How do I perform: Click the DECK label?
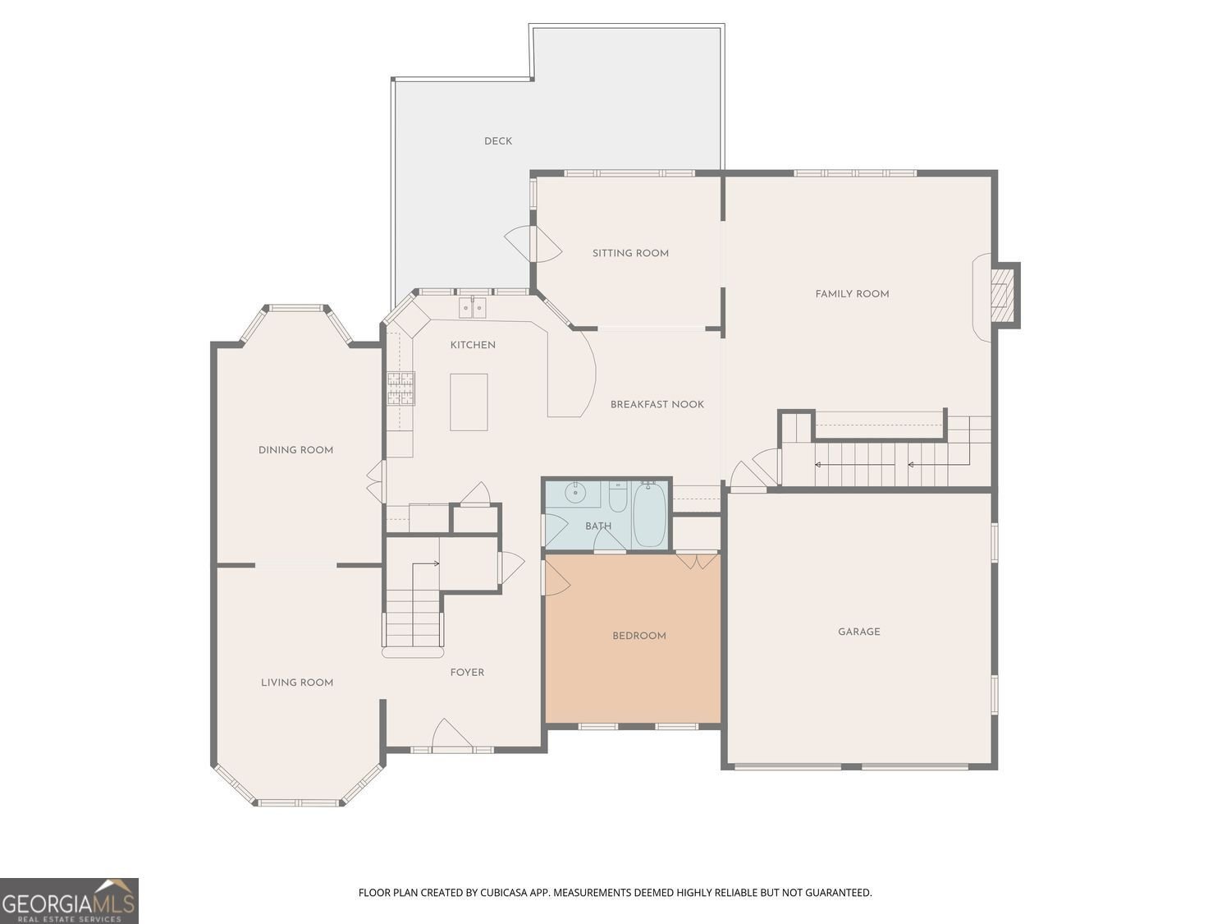(498, 140)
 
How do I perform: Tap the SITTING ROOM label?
(630, 253)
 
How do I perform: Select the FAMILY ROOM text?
(852, 294)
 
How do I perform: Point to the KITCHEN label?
(473, 345)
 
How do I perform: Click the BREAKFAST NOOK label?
(657, 404)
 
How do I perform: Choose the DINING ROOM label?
(295, 450)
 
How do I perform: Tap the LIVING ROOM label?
(297, 683)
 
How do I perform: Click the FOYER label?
(467, 672)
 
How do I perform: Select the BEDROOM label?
(638, 636)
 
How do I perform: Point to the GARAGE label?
(858, 632)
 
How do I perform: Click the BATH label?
(597, 526)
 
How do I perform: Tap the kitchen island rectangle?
(469, 402)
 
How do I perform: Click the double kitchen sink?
(472, 308)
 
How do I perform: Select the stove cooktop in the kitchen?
(400, 388)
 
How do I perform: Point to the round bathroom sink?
(574, 493)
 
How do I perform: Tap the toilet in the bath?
(617, 497)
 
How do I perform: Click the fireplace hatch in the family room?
(1000, 295)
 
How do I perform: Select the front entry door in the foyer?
(451, 733)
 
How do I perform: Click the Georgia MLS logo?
(69, 901)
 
